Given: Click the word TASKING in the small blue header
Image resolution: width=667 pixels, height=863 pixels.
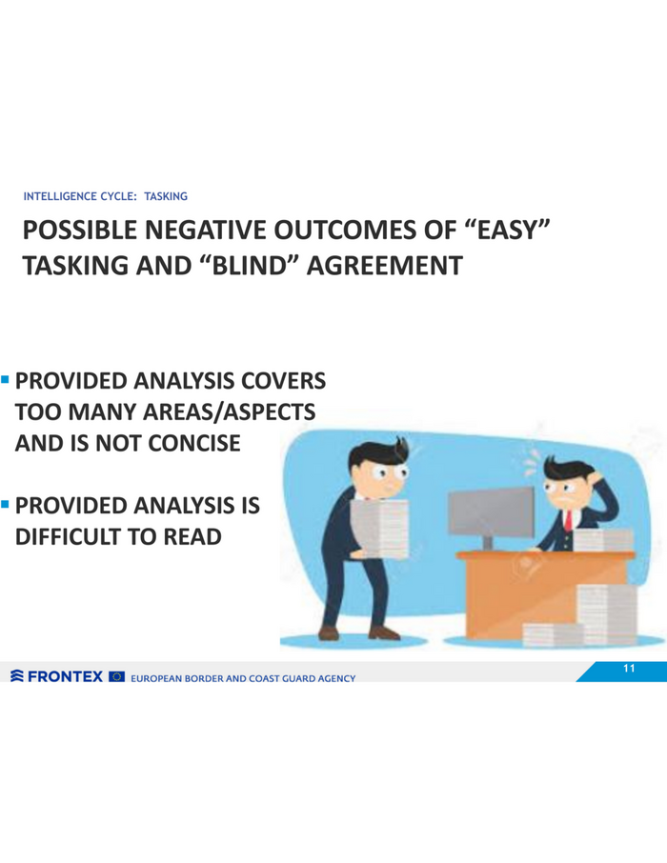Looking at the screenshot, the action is pyautogui.click(x=166, y=196).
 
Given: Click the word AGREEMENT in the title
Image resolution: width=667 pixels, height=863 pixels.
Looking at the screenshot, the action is pyautogui.click(x=384, y=266).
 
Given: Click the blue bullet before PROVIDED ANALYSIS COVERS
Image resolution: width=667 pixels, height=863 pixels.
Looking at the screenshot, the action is pyautogui.click(x=6, y=379).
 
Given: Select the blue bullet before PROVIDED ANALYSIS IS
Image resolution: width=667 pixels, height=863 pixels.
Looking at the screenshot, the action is pyautogui.click(x=6, y=504).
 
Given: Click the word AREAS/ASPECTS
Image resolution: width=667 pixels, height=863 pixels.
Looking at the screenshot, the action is pyautogui.click(x=229, y=412).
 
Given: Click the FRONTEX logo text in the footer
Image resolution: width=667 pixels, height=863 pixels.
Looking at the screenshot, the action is pyautogui.click(x=65, y=676).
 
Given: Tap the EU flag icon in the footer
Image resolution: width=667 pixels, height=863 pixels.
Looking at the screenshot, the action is pyautogui.click(x=117, y=676).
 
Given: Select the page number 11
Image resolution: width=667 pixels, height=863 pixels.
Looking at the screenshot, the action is pyautogui.click(x=629, y=668).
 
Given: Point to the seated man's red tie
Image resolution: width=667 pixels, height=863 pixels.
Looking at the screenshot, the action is pyautogui.click(x=568, y=520).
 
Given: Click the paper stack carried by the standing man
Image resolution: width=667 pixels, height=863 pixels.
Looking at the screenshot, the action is pyautogui.click(x=379, y=528).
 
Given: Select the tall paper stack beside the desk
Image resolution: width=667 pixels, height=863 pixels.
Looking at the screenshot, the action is pyautogui.click(x=607, y=613).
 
